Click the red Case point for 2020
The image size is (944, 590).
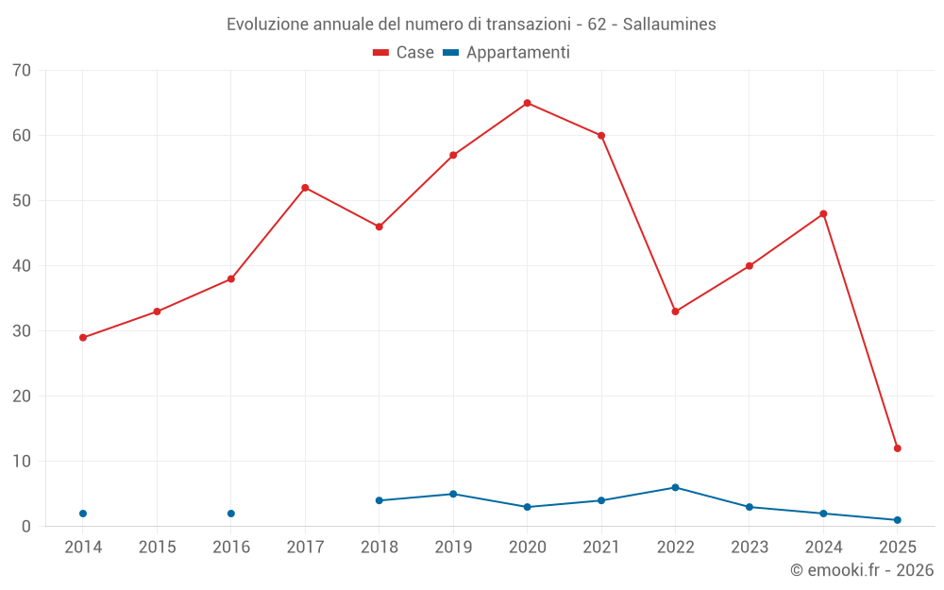click(528, 103)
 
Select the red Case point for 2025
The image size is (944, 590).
click(898, 448)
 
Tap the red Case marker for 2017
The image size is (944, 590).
click(305, 188)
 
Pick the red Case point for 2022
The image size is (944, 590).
click(675, 312)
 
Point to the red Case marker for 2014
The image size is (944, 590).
click(83, 337)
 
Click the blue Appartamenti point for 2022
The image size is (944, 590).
click(675, 487)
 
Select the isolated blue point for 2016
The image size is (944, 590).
click(231, 514)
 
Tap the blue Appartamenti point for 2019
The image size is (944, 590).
click(453, 494)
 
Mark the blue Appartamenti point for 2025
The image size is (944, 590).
click(898, 520)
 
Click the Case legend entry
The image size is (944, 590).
click(403, 53)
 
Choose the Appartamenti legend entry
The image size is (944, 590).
click(506, 53)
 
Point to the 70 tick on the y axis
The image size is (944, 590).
click(22, 71)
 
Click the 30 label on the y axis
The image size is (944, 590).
click(22, 331)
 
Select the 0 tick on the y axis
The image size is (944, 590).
click(26, 527)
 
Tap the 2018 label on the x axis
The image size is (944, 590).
click(379, 548)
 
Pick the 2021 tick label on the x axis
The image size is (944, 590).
click(601, 548)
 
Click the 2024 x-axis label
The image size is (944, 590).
click(823, 548)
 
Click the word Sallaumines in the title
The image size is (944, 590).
click(669, 25)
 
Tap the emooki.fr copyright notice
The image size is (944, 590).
click(861, 570)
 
